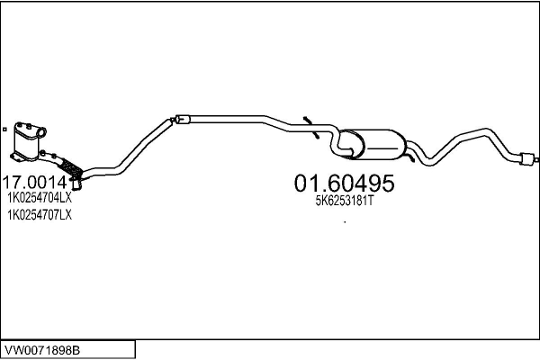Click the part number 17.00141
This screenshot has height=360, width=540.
click(39, 182)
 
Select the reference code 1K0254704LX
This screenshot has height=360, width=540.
click(40, 198)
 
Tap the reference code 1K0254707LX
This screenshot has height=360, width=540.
click(40, 215)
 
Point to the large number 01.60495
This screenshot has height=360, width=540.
click(344, 183)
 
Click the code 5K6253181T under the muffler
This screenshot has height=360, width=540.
click(345, 201)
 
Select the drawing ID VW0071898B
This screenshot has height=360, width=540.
click(42, 350)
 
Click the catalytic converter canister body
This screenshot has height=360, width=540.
click(27, 142)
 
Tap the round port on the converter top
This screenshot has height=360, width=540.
click(41, 132)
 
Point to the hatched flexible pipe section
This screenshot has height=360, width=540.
click(71, 167)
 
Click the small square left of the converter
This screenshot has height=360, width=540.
click(4, 130)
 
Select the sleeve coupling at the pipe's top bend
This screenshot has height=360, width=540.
click(182, 119)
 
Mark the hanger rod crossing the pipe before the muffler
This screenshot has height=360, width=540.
click(311, 128)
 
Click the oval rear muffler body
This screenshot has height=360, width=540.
click(375, 144)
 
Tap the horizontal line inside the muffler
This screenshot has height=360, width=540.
click(383, 148)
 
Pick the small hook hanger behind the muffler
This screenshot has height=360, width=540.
click(409, 157)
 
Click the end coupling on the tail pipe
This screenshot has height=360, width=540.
click(527, 158)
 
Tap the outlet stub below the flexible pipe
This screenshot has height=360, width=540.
click(76, 185)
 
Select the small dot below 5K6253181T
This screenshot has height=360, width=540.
click(345, 222)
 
